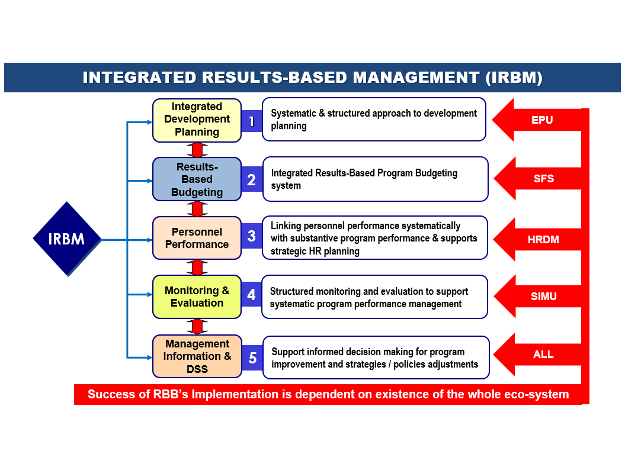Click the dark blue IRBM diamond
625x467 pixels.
pyautogui.click(x=66, y=239)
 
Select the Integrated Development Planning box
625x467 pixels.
pyautogui.click(x=197, y=120)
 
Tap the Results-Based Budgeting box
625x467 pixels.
pyautogui.click(x=197, y=179)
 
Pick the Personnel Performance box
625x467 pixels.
pyautogui.click(x=197, y=238)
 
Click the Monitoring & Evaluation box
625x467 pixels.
pyautogui.click(x=197, y=297)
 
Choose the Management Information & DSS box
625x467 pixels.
pyautogui.click(x=197, y=356)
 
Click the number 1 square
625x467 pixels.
pyautogui.click(x=252, y=121)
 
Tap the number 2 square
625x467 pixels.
pyautogui.click(x=252, y=179)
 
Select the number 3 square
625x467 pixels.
pyautogui.click(x=252, y=236)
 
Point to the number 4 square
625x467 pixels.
pyautogui.click(x=252, y=294)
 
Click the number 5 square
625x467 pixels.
pyautogui.click(x=252, y=358)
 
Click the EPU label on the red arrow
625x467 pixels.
pyautogui.click(x=542, y=120)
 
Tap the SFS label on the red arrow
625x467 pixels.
pyautogui.click(x=543, y=178)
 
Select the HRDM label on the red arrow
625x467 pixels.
pyautogui.click(x=543, y=240)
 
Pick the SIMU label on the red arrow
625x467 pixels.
pyautogui.click(x=543, y=296)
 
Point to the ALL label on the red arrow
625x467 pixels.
pyautogui.click(x=543, y=355)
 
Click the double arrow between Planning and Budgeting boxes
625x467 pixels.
pyautogui.click(x=197, y=149)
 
